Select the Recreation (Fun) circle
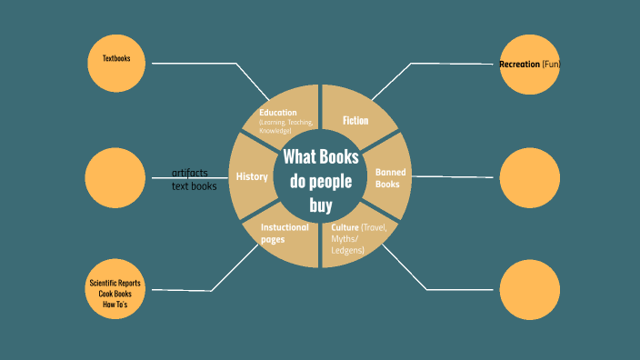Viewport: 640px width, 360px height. (x=529, y=65)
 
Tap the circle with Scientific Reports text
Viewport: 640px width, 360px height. (x=115, y=290)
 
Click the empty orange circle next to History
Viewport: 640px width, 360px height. (x=115, y=176)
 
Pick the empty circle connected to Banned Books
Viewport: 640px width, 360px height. (x=529, y=176)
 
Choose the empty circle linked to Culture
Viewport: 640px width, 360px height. (x=529, y=289)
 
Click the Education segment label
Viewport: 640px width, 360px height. (x=277, y=113)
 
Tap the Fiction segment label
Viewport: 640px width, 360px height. (x=355, y=120)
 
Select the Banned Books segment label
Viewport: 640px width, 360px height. (x=391, y=177)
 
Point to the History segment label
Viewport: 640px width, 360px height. (x=252, y=176)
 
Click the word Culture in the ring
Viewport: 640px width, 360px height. (x=345, y=226)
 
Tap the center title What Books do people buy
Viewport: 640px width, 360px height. (x=320, y=179)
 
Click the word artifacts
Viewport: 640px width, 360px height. (x=190, y=173)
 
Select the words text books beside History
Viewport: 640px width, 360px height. (x=195, y=186)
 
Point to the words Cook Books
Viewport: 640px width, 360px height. (x=115, y=294)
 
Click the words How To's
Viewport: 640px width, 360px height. (x=115, y=304)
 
